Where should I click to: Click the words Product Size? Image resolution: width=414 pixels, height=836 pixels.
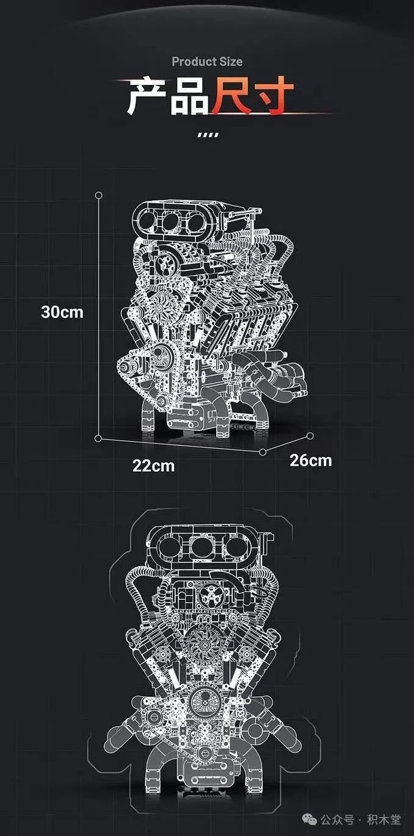(x=207, y=62)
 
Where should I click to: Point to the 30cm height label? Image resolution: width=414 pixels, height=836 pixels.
(x=62, y=312)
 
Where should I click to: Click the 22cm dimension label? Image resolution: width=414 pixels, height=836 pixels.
(x=153, y=466)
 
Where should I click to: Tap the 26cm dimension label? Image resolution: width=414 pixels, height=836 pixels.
(x=311, y=460)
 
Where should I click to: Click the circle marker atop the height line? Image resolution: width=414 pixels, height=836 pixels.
(x=99, y=195)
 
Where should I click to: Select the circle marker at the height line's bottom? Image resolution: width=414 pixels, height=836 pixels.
(x=98, y=438)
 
